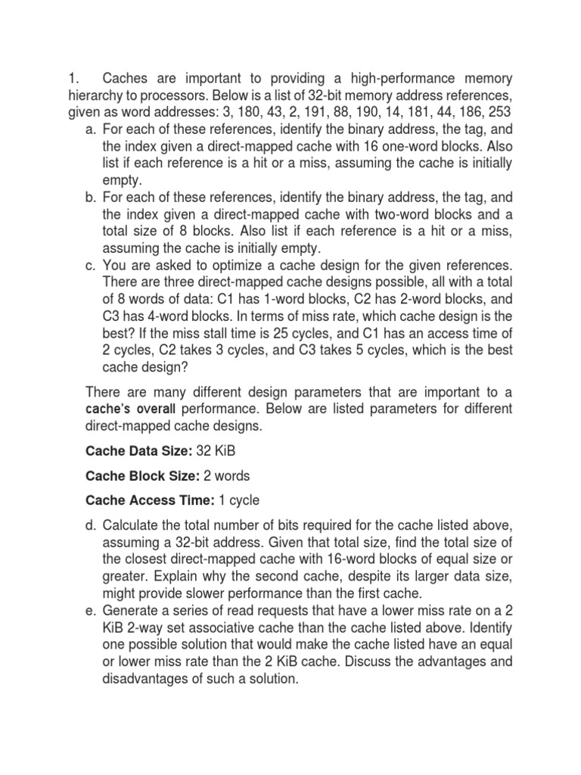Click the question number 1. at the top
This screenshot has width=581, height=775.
coord(73,79)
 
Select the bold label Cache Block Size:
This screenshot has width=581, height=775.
coord(141,476)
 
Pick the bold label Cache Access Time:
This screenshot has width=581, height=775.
coord(147,500)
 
